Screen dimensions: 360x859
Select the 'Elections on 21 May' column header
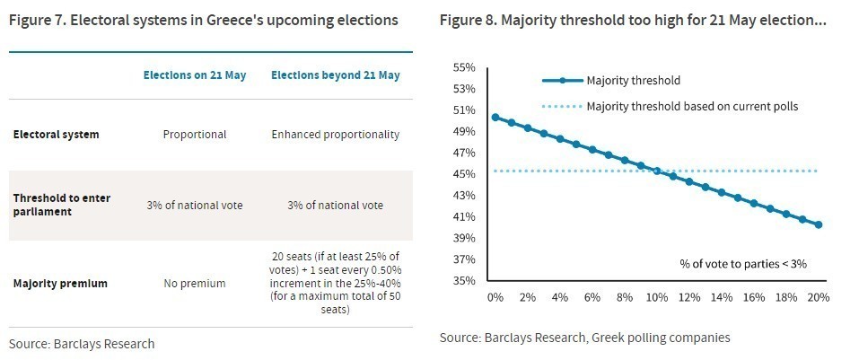195,75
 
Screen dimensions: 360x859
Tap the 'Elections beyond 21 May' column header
336,75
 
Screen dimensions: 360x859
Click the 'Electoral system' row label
56,135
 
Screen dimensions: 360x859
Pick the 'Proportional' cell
195,135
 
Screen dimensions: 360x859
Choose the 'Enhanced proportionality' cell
336,135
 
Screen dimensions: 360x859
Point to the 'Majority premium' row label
60,284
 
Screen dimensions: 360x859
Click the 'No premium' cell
195,284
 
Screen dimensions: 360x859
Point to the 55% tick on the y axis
464,67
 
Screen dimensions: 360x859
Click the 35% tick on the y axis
464,281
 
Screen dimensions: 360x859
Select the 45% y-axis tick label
464,174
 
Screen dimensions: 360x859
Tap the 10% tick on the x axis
657,297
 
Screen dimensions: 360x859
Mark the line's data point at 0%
495,118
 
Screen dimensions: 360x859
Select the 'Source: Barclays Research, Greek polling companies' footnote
584,338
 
